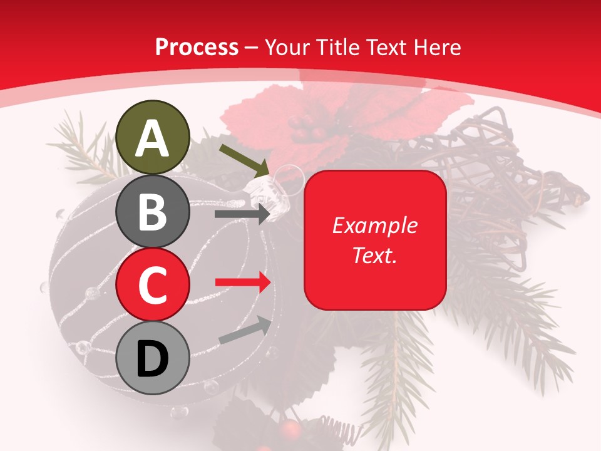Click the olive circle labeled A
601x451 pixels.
tap(153, 137)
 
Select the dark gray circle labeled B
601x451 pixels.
tap(153, 211)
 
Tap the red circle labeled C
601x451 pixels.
tap(153, 284)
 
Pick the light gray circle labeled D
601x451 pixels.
tap(153, 358)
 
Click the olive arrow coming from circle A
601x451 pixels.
tap(244, 160)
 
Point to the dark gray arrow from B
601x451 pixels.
tap(242, 214)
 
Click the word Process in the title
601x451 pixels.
tap(197, 47)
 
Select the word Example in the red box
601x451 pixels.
tap(374, 225)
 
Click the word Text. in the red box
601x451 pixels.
tap(374, 255)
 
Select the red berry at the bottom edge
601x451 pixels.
tap(289, 428)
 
